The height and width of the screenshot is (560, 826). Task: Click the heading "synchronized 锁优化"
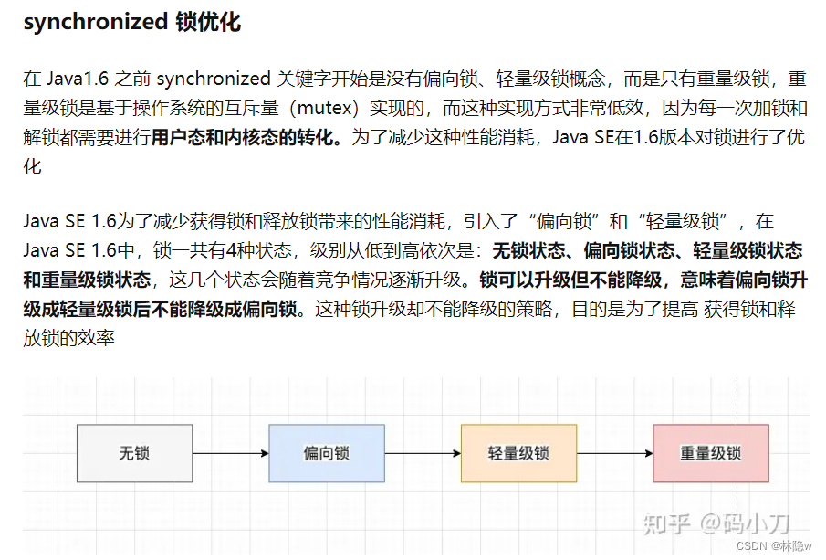(132, 22)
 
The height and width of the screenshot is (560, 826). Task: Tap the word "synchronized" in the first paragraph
(206, 79)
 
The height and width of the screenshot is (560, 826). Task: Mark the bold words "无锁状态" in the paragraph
(528, 250)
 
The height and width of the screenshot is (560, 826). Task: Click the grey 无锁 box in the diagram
(134, 453)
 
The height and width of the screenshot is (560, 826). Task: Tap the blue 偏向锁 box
(326, 453)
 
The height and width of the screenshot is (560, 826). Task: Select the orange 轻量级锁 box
(518, 453)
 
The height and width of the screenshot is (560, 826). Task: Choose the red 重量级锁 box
(710, 453)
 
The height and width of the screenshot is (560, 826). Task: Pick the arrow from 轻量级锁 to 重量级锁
(614, 453)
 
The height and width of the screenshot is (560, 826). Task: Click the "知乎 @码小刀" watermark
(716, 523)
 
